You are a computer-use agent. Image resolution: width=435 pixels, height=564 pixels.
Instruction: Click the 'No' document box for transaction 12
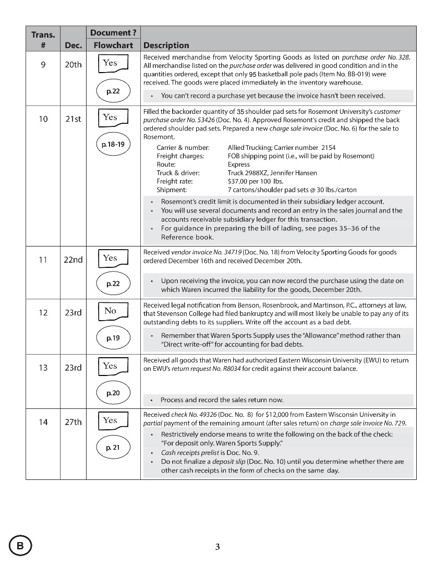coord(113,312)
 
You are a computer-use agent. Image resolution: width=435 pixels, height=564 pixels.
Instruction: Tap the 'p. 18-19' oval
coord(113,144)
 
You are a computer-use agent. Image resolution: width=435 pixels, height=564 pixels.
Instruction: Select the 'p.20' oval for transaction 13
coord(113,393)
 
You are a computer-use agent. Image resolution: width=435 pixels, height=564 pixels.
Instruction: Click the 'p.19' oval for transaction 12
coord(113,338)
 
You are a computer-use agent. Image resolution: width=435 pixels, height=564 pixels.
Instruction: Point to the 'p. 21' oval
coord(113,447)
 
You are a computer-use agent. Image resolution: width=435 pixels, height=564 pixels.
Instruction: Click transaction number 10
coord(43,119)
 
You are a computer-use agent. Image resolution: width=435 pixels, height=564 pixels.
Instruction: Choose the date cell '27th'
coord(74,422)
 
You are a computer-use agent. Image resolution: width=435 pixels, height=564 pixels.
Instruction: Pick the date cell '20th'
coord(74,65)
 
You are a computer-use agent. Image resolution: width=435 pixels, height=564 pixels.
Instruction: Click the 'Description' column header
coord(166,45)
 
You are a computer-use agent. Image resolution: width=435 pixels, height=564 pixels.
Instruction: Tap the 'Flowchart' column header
coord(113,45)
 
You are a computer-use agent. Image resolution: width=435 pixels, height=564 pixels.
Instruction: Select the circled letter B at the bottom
coord(20,546)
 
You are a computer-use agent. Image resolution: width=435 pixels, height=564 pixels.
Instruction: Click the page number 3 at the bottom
coord(217,547)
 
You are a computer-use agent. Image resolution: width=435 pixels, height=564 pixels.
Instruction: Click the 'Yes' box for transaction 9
coord(113,64)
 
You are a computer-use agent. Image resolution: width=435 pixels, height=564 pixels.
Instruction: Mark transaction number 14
coord(43,422)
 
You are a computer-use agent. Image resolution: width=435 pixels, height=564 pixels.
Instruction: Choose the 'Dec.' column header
coord(74,45)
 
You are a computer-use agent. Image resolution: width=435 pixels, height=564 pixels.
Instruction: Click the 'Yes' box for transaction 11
coord(113,258)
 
